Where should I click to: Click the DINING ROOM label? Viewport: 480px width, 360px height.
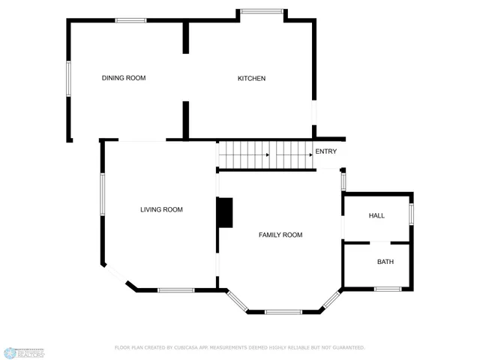coord(124,78)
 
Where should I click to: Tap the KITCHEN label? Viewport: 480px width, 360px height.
coord(251,79)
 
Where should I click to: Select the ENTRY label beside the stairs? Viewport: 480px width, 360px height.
coord(326,152)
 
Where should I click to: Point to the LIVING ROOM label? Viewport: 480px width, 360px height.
coord(161,210)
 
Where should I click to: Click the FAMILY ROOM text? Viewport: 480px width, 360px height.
coord(280,235)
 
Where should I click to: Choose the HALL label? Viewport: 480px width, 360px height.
coord(376,216)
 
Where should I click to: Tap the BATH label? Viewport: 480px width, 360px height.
coord(385,262)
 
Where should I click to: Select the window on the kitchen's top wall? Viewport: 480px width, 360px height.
coord(262,11)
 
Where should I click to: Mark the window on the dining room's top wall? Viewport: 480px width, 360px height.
coord(130,20)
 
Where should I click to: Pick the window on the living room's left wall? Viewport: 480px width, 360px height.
coord(103,195)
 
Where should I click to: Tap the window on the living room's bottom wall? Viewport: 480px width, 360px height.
coord(176,289)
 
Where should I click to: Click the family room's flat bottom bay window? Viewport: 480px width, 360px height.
coord(283,311)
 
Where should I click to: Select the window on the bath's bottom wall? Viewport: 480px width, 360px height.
coord(388,289)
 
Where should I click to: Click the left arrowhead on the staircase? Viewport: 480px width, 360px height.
coord(267,155)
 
